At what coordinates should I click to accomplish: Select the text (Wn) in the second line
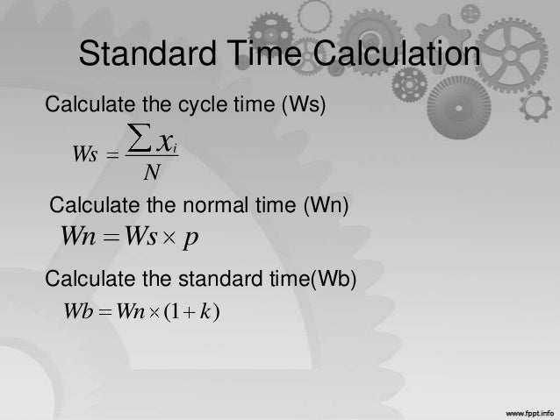(x=327, y=207)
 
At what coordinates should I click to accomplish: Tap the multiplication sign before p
(x=170, y=237)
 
